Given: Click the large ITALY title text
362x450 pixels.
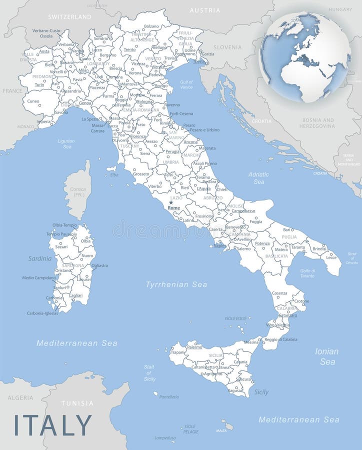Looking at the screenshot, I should pos(53,424).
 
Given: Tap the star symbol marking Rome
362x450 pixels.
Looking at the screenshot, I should pos(171,202).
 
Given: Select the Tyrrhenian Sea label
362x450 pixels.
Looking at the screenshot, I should pos(176,284).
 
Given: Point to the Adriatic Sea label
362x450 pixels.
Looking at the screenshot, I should pos(258,178).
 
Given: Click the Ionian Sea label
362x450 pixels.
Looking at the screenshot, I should pos(326,356).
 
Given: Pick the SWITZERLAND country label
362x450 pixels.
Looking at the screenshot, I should pos(69,16).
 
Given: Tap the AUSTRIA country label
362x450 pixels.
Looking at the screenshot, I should pos(205,10).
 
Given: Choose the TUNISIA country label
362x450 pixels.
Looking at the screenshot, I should pos(77,403).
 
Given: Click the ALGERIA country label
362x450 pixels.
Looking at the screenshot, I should pos(20,398).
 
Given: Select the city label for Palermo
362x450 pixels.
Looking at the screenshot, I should pos(194,347).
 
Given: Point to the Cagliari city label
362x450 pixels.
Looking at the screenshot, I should pos(75,295).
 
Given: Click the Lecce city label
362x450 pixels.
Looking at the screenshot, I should pos(331,257).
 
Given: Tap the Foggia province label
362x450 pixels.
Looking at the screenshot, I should pos(255,221).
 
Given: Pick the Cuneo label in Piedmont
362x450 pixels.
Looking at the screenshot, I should pos(33,101).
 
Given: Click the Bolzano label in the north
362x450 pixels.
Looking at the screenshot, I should pos(151,26).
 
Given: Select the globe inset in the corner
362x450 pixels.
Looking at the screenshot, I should pos(305,57).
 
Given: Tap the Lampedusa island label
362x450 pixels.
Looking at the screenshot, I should pos(165,438).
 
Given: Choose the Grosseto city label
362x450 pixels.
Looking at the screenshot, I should pos(141,174).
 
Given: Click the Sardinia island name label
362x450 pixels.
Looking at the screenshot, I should pos(40,258).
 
